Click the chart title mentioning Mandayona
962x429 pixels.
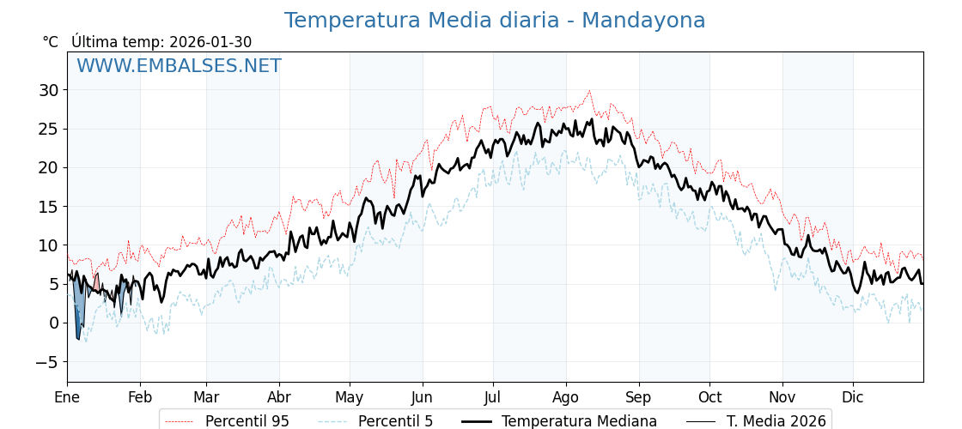pyautogui.click(x=495, y=21)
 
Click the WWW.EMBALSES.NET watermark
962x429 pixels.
pyautogui.click(x=179, y=66)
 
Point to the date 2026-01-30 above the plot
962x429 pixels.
pyautogui.click(x=210, y=42)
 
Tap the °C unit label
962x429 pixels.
pyautogui.click(x=50, y=42)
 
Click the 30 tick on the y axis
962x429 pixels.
pyautogui.click(x=48, y=90)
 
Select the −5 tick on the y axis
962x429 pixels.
pyautogui.click(x=46, y=362)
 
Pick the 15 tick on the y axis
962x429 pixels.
pyautogui.click(x=48, y=207)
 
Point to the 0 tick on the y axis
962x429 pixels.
pyautogui.click(x=53, y=323)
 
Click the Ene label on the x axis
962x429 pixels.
pyautogui.click(x=67, y=397)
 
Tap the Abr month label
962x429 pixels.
pyautogui.click(x=279, y=397)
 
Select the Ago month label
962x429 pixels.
pyautogui.click(x=566, y=397)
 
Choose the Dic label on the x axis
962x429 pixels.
pyautogui.click(x=853, y=397)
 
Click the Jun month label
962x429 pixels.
pyautogui.click(x=422, y=397)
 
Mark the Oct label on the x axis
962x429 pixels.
pyautogui.click(x=709, y=397)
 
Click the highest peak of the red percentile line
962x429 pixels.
pyautogui.click(x=589, y=91)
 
